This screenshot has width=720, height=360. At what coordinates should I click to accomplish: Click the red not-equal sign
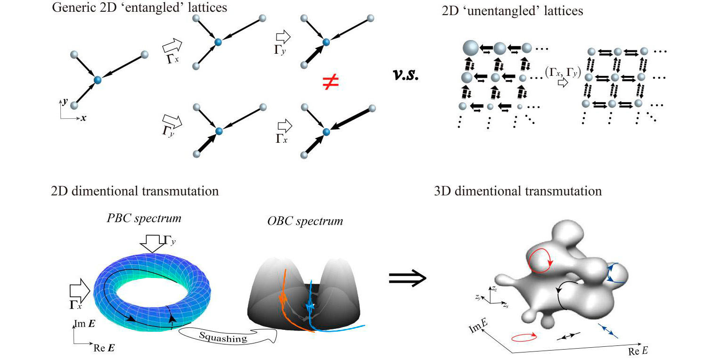330,82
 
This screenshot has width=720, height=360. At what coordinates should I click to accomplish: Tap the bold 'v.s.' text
406,75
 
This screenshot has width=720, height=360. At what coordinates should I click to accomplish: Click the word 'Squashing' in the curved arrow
223,337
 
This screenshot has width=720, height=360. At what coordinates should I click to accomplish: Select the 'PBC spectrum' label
144,219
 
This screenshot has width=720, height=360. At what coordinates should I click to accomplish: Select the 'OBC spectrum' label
305,221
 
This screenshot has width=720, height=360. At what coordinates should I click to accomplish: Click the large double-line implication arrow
408,278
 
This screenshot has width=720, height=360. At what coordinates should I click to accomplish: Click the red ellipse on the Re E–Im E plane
524,337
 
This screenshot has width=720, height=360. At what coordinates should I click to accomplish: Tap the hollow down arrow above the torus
152,243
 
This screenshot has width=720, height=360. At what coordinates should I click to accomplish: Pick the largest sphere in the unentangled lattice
471,48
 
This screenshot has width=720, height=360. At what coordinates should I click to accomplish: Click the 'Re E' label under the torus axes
104,348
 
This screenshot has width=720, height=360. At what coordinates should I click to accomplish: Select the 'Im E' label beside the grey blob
478,326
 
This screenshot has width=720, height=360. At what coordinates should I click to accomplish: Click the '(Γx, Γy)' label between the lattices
563,73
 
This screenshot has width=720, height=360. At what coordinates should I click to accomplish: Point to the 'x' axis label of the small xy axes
83,118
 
